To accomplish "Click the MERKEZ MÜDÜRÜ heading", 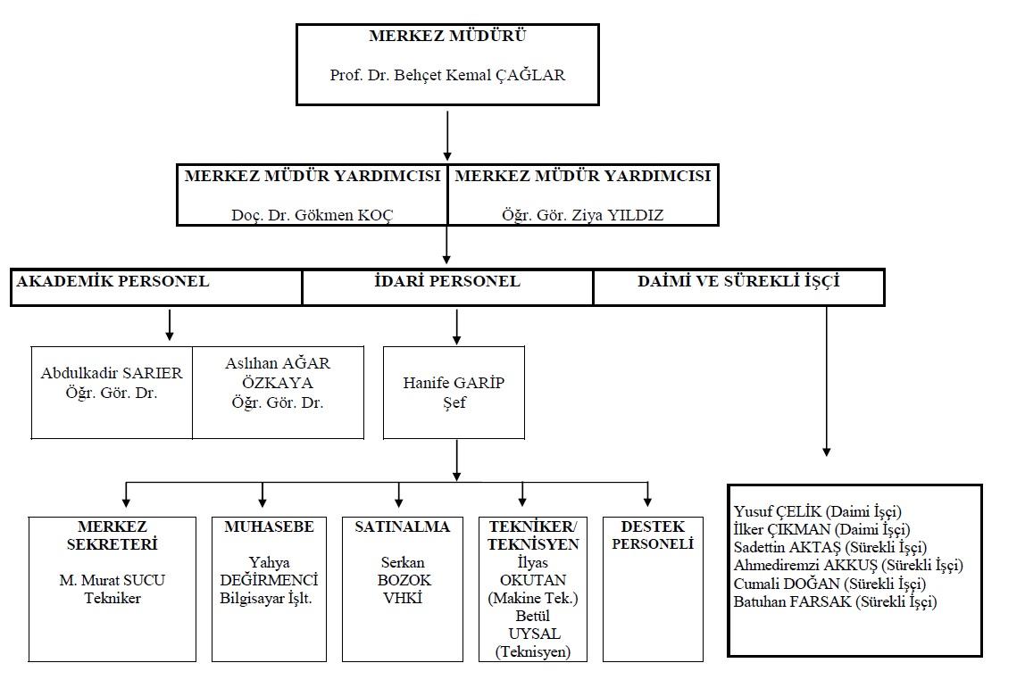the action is click(x=447, y=36).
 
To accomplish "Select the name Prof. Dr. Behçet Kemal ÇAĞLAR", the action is click(x=447, y=75).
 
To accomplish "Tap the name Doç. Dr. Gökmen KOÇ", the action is click(x=312, y=215).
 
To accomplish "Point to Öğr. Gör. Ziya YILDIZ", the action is click(x=582, y=215).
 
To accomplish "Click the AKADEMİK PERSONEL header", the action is click(x=112, y=282).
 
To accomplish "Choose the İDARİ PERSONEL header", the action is click(x=447, y=282).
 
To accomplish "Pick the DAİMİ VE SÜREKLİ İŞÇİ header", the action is click(x=738, y=282).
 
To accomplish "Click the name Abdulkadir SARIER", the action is click(x=112, y=373).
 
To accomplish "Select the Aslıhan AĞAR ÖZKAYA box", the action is click(x=278, y=392).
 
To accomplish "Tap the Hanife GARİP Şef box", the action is click(x=454, y=392).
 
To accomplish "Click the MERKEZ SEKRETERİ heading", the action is click(x=112, y=535).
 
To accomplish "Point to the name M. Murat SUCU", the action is click(x=112, y=580).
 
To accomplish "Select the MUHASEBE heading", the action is click(x=269, y=526).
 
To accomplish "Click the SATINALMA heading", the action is click(x=402, y=526).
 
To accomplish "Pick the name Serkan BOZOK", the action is click(x=404, y=571).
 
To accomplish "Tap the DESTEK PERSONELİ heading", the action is click(x=653, y=535).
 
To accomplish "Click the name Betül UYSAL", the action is click(x=533, y=625).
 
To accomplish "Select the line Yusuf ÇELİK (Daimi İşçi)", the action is click(x=817, y=511).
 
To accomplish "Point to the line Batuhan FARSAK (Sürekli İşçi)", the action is click(x=835, y=601).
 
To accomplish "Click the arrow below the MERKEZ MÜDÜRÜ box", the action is click(x=447, y=136).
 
